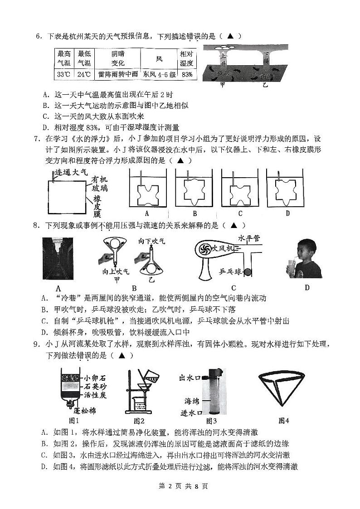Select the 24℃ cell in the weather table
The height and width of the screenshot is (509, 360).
click(x=83, y=74)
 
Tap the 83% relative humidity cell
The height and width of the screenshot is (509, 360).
click(x=187, y=74)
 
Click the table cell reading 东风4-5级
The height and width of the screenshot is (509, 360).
click(x=159, y=74)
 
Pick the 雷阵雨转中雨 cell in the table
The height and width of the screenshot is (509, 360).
click(x=117, y=74)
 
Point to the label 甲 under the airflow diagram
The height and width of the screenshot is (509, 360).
click(x=222, y=84)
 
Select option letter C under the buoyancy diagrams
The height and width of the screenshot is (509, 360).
click(x=240, y=213)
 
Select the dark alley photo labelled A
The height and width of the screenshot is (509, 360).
click(x=58, y=257)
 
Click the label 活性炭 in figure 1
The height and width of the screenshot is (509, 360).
click(x=95, y=395)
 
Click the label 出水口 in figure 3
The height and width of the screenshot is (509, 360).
click(x=190, y=378)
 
